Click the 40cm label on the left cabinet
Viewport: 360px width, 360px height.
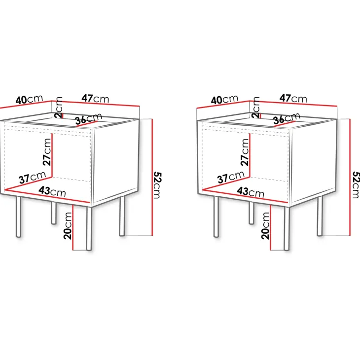(x=29, y=100)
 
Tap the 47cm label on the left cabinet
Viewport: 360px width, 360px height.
(x=95, y=99)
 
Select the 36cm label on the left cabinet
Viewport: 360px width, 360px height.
(x=88, y=119)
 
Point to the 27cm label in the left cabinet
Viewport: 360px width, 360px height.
(x=47, y=152)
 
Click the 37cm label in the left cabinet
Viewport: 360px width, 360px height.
(x=33, y=177)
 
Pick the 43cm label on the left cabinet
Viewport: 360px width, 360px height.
(x=52, y=191)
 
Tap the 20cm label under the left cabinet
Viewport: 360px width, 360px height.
(x=68, y=226)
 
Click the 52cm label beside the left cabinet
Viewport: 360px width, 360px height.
(x=157, y=185)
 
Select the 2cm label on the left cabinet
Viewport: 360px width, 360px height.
(x=59, y=108)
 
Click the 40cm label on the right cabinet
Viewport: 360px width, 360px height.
(x=225, y=100)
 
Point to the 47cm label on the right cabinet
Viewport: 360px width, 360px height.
(x=293, y=99)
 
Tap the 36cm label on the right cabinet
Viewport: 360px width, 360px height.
(x=287, y=119)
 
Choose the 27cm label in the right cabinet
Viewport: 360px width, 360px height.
(x=245, y=152)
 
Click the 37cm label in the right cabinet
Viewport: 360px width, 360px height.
(x=231, y=177)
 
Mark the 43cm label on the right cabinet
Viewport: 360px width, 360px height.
(x=251, y=192)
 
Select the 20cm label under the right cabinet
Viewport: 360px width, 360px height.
(x=266, y=226)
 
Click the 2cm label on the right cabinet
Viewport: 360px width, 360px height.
(x=256, y=108)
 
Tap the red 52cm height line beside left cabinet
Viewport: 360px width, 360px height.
(x=152, y=177)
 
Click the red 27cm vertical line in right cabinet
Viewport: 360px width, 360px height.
(x=250, y=155)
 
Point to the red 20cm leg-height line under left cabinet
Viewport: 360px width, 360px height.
(x=73, y=227)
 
